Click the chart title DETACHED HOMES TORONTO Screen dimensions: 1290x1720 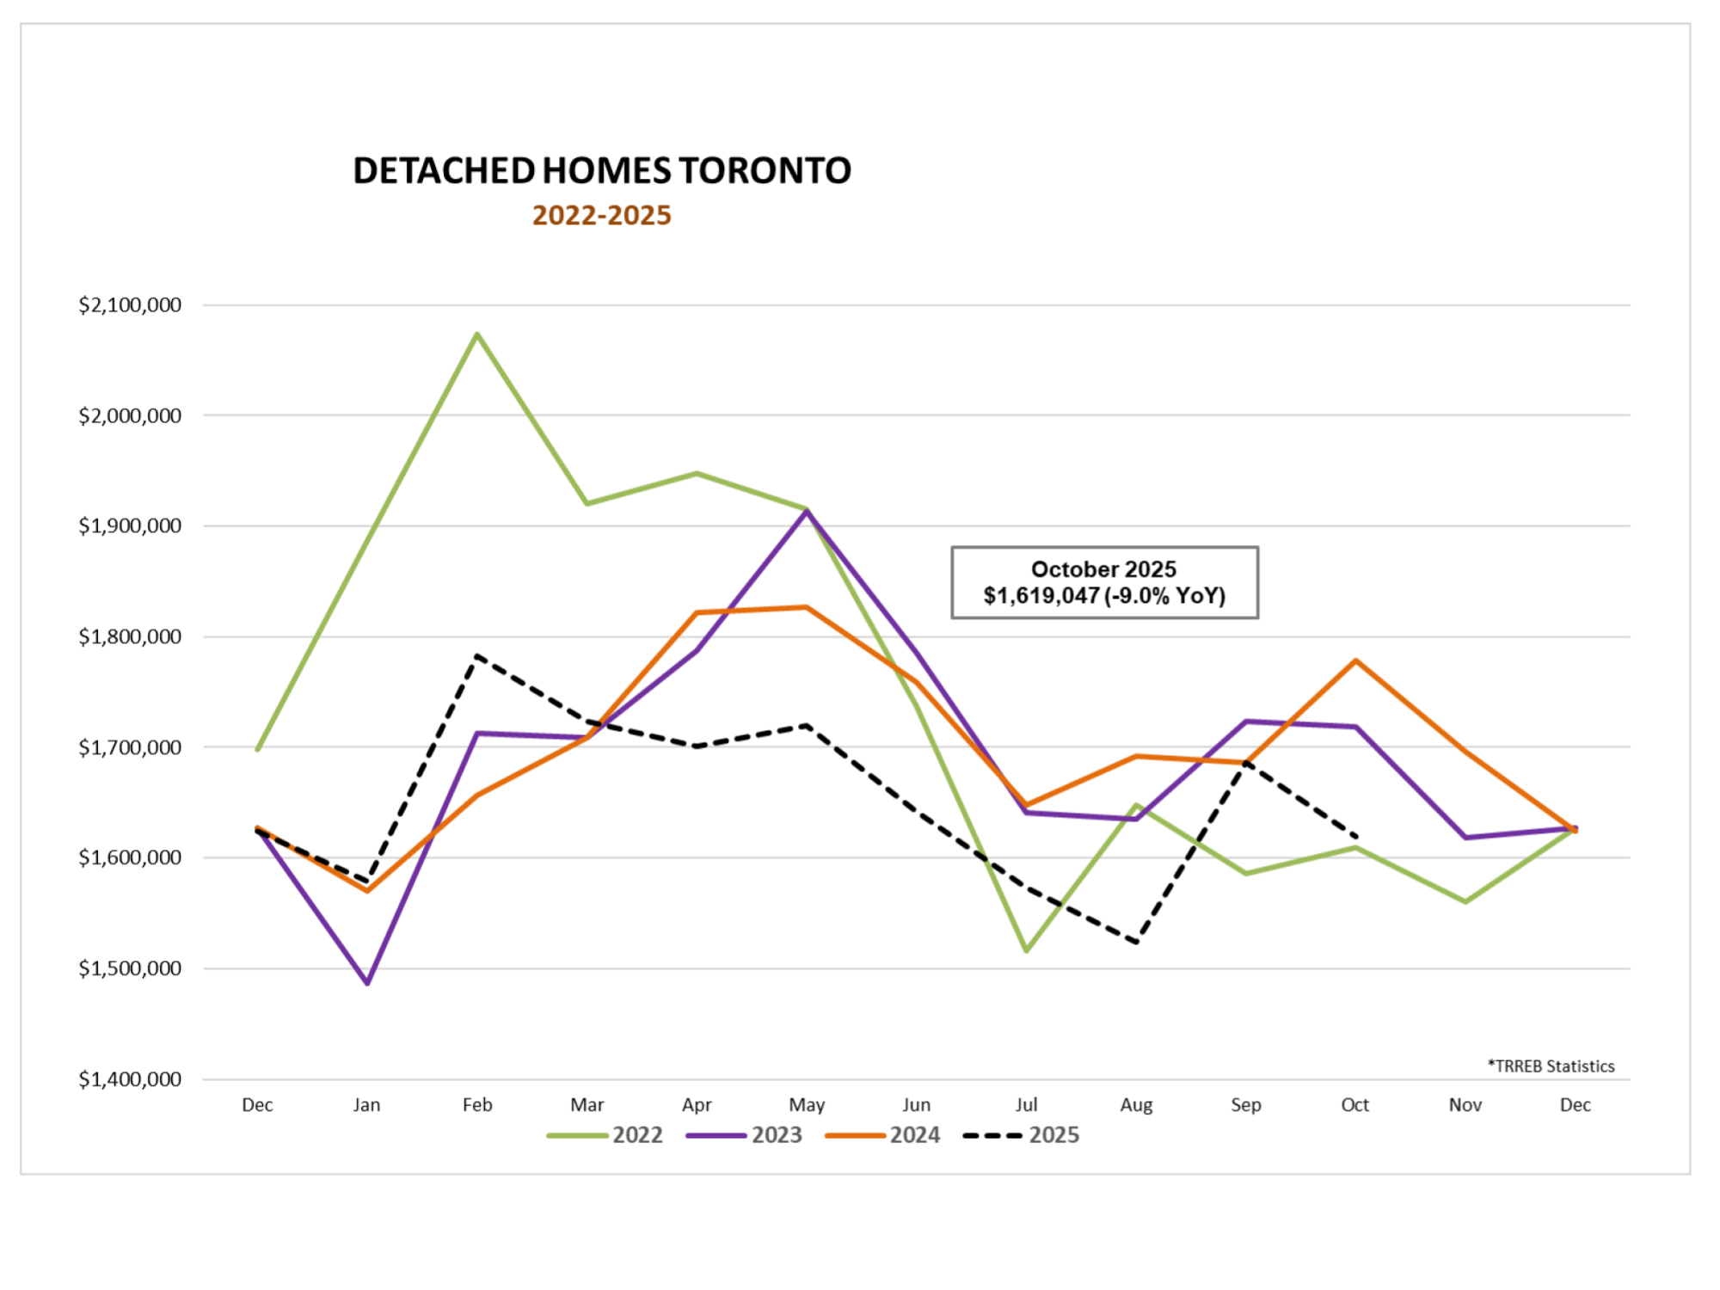(x=602, y=170)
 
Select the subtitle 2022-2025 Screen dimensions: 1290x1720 (x=602, y=215)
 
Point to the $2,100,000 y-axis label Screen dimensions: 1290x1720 (x=130, y=305)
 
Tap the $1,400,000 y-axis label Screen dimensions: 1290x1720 (x=130, y=1079)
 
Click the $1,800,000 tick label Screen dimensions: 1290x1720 (x=130, y=637)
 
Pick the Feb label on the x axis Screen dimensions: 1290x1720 (x=477, y=1105)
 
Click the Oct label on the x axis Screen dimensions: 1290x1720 (x=1355, y=1105)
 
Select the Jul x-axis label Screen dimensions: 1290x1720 (x=1026, y=1105)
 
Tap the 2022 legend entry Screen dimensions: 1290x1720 (x=605, y=1135)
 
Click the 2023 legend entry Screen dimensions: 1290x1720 (x=745, y=1135)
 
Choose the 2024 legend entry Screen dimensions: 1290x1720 (x=883, y=1135)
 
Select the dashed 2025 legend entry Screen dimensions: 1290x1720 (x=1022, y=1135)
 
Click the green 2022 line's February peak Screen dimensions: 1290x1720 (x=477, y=335)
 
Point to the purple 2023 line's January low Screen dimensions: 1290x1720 (x=368, y=982)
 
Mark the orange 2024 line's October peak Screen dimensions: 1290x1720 (x=1355, y=660)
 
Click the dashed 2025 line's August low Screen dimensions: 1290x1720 (x=1137, y=942)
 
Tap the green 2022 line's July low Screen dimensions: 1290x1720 (x=1026, y=950)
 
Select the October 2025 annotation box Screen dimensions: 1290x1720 (x=1104, y=582)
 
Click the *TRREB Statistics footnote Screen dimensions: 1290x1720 (x=1551, y=1066)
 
